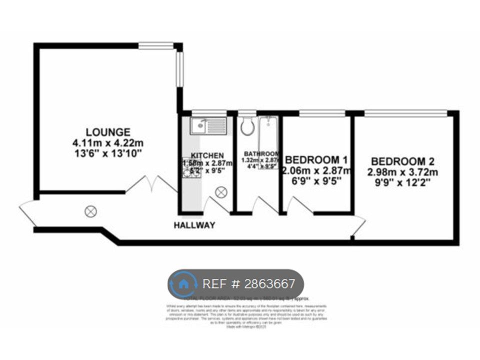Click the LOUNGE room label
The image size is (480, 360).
click(108, 132)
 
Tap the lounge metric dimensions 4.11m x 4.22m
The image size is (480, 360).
click(108, 143)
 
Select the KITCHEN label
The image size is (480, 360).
click(206, 155)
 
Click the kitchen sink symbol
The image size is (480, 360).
click(208, 124)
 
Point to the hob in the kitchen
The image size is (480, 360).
click(192, 172)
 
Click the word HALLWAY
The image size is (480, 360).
click(194, 225)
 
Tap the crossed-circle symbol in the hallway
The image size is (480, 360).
click(90, 211)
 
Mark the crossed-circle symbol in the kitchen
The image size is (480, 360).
click(221, 191)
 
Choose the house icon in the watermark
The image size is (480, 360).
click(183, 284)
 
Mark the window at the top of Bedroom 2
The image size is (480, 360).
click(405, 114)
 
